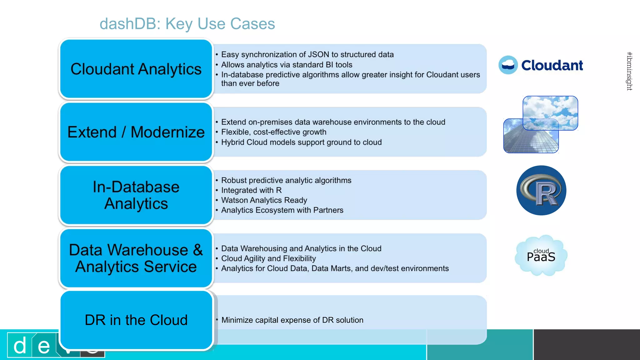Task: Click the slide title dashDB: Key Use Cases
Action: [x=187, y=24]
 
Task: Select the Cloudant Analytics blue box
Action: [x=136, y=69]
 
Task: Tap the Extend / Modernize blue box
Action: [x=136, y=132]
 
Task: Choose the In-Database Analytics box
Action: [x=136, y=195]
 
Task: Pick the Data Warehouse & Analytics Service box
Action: [x=136, y=258]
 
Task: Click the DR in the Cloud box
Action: [x=136, y=320]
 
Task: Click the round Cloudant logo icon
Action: [x=508, y=65]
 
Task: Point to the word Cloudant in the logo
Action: [x=552, y=65]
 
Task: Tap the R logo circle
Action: [x=541, y=190]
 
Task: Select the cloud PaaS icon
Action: [x=541, y=256]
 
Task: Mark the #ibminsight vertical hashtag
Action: [x=629, y=71]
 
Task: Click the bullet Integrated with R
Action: [x=251, y=190]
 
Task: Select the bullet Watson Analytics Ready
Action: [x=264, y=200]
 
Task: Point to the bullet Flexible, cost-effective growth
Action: [x=273, y=132]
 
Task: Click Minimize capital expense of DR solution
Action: [x=292, y=320]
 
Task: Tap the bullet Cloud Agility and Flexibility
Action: [x=268, y=258]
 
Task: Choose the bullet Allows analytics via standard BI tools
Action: [x=287, y=65]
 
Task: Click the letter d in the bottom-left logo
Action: [x=20, y=346]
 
